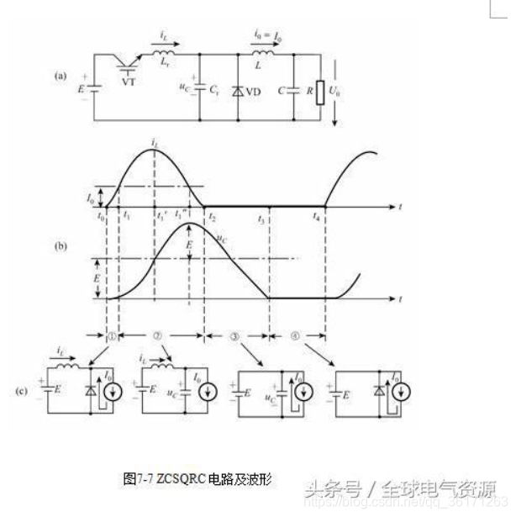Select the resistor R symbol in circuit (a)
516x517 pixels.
tap(319, 92)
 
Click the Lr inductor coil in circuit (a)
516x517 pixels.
tap(162, 59)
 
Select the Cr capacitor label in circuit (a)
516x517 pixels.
tap(216, 87)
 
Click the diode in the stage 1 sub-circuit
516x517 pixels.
tap(92, 391)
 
